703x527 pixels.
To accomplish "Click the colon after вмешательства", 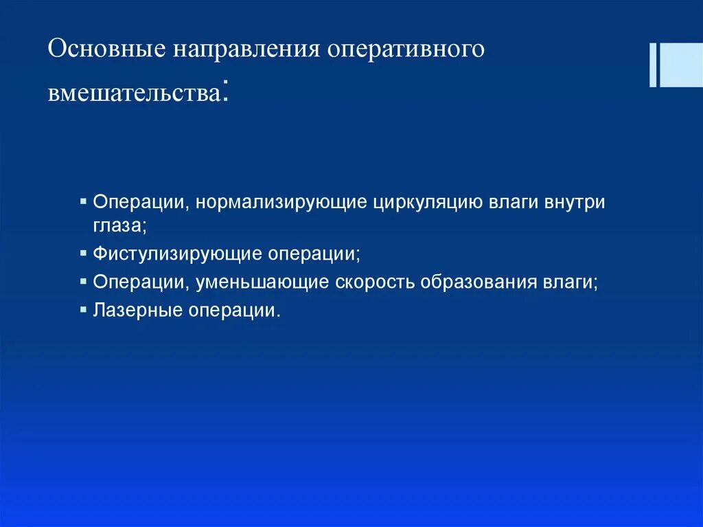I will click(224, 92).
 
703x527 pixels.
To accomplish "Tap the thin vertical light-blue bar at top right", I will click(652, 65).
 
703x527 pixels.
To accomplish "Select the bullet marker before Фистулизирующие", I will click(83, 252).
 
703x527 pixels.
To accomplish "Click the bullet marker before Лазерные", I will click(83, 309).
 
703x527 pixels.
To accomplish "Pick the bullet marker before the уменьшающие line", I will click(83, 281).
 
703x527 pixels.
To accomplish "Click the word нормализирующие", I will click(282, 203).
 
